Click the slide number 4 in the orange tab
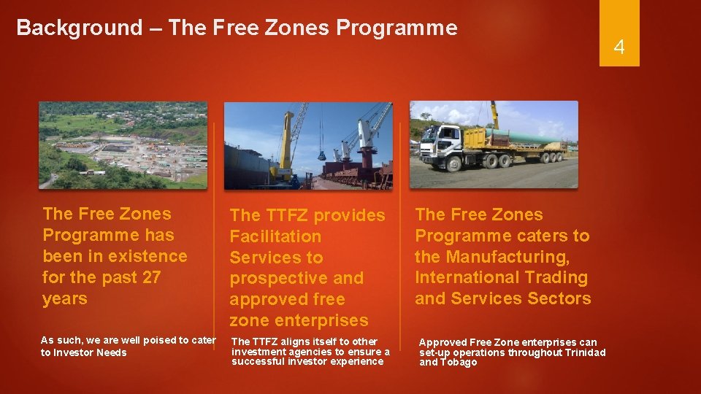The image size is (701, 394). (x=619, y=48)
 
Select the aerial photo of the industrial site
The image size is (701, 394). (x=123, y=144)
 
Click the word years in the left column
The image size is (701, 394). (x=65, y=298)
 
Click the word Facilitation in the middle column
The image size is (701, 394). (x=275, y=236)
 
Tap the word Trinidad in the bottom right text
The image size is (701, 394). (x=583, y=352)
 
